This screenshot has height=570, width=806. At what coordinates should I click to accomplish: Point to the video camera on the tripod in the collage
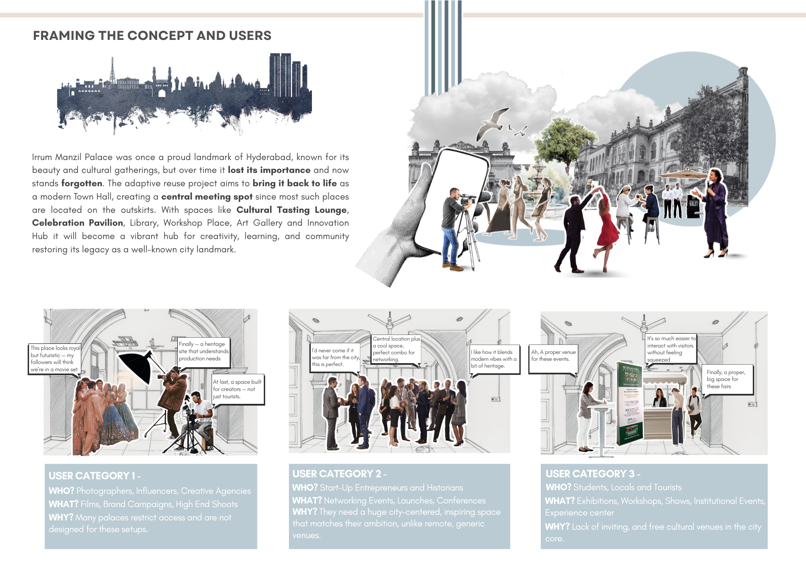click(467, 199)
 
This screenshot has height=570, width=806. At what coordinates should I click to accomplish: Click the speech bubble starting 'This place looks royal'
click(54, 359)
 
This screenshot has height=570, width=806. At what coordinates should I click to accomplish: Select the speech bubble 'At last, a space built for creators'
click(237, 389)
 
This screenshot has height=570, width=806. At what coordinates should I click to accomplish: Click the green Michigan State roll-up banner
click(629, 403)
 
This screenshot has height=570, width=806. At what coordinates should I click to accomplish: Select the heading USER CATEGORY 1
click(94, 476)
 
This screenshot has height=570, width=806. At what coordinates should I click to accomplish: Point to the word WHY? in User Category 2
click(305, 512)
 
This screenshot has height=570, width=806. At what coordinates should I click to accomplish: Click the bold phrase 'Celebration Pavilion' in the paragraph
click(77, 223)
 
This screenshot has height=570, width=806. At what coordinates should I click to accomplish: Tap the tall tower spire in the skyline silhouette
click(112, 71)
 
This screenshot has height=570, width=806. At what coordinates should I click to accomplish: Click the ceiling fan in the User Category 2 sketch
click(389, 322)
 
